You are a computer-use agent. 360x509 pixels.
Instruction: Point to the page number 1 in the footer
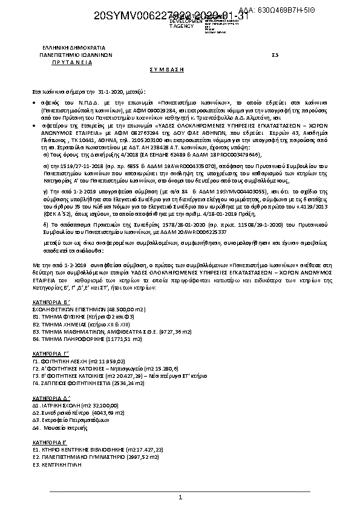(180, 497)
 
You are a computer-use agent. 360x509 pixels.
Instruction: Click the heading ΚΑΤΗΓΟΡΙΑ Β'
(51, 300)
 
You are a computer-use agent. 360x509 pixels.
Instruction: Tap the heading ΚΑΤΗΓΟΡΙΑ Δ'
(51, 398)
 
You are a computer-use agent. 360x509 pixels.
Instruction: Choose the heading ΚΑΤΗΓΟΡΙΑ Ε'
(51, 443)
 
